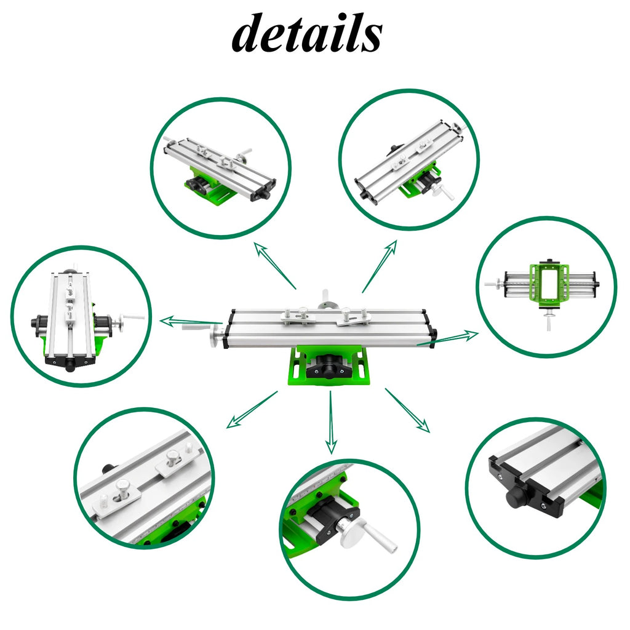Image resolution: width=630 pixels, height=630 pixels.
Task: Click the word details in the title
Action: [306, 34]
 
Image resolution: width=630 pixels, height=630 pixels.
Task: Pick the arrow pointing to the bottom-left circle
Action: [252, 410]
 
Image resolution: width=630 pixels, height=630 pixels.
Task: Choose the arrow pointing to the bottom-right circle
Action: [407, 410]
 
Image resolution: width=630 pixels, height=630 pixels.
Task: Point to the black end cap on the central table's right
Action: [433, 335]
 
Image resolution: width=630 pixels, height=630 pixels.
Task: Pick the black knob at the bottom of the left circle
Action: [70, 364]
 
